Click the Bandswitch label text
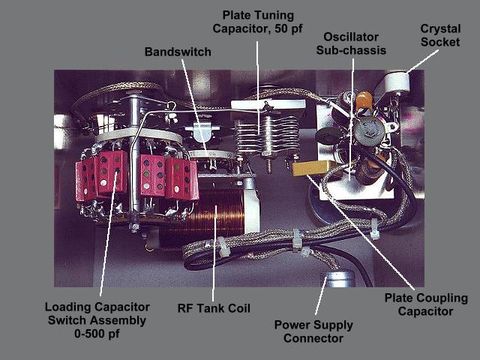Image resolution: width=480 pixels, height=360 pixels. (x=178, y=52)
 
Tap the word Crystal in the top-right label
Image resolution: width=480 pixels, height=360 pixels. (x=440, y=28)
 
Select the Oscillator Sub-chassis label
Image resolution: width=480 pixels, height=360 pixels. (x=351, y=43)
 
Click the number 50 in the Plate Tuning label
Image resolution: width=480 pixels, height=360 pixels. (x=281, y=28)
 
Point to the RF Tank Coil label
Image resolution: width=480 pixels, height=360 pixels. (x=214, y=308)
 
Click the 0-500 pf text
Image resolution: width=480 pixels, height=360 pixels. (x=97, y=333)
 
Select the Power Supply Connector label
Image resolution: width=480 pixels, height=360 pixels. (x=313, y=331)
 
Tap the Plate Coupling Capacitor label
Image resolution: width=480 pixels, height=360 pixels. (x=426, y=304)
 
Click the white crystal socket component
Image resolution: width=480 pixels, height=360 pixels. (x=397, y=82)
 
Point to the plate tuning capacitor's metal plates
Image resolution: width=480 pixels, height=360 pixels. (x=267, y=135)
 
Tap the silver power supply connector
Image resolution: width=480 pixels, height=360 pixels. (x=339, y=278)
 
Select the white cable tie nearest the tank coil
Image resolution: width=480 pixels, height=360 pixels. (x=222, y=247)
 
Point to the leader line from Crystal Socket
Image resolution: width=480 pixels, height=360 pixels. (x=423, y=61)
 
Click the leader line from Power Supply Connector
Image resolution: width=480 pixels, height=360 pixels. (x=322, y=295)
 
